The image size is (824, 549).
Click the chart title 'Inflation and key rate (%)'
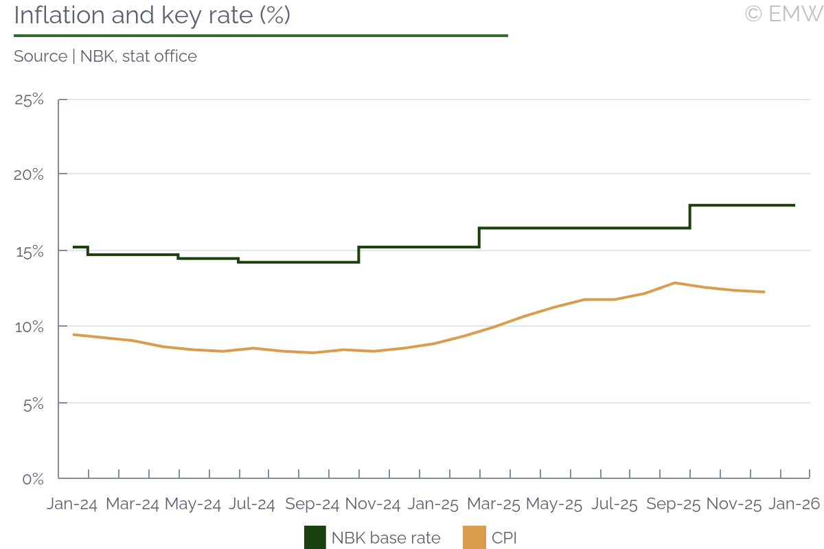click(x=152, y=16)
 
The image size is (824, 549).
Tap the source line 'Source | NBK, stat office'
click(x=105, y=56)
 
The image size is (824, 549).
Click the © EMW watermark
click(x=783, y=14)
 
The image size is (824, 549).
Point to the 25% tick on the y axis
click(x=29, y=100)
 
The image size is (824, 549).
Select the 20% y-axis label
click(x=29, y=175)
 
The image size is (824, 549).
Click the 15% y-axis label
click(x=29, y=251)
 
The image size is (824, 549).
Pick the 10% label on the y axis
click(x=29, y=327)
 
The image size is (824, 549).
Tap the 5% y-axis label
click(x=30, y=403)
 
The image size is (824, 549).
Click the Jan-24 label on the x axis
click(x=72, y=504)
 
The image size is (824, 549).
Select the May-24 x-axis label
click(x=193, y=504)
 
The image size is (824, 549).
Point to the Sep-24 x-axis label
click(x=312, y=504)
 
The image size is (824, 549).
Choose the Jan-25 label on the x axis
click(x=433, y=504)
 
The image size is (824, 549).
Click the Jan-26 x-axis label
click(x=794, y=504)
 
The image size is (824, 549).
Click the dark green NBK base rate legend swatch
click(x=315, y=537)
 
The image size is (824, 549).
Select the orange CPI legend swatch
click(x=475, y=537)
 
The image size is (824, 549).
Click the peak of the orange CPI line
click(x=675, y=283)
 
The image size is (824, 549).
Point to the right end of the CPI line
click(x=764, y=292)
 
